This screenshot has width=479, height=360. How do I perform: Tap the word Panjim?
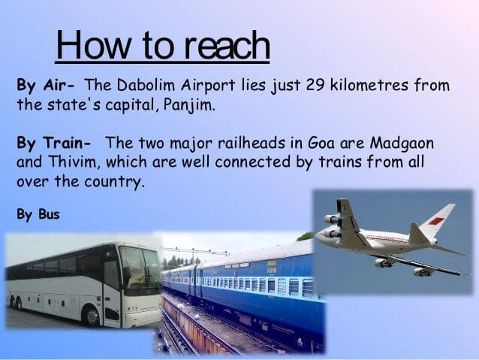(187, 105)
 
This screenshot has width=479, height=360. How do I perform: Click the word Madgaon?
(402, 143)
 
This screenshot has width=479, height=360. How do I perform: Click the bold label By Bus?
(38, 214)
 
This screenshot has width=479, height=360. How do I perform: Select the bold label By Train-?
(54, 143)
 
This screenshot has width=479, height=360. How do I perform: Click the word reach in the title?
(228, 46)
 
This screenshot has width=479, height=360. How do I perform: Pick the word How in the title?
(93, 44)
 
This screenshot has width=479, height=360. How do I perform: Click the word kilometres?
(369, 85)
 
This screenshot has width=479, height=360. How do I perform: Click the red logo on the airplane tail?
(435, 220)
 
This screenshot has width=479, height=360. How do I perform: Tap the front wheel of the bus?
(91, 316)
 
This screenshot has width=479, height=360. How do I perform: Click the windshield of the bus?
(140, 265)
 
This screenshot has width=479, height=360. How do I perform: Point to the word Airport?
(208, 85)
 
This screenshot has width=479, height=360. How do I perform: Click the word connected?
(252, 162)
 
